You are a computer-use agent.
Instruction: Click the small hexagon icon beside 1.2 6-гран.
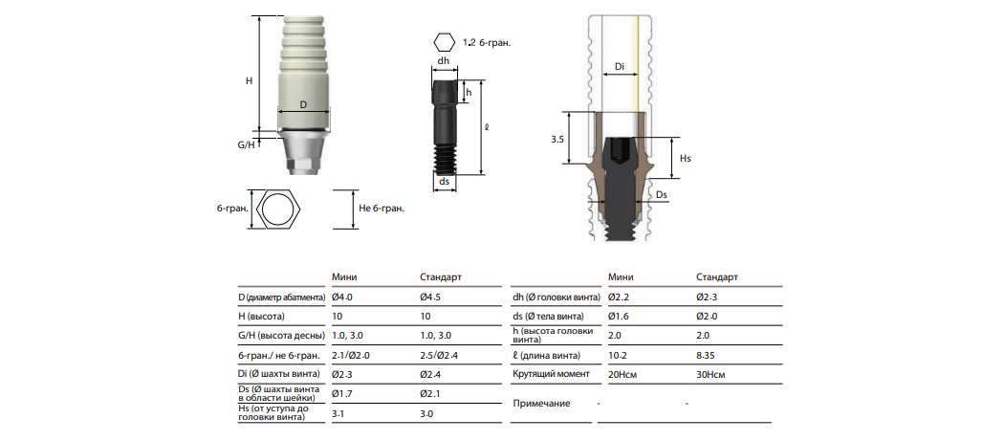coord(443,43)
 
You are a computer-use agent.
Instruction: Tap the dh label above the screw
coord(443,61)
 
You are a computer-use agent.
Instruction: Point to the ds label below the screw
coord(444,182)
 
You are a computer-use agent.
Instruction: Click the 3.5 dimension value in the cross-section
coord(557,139)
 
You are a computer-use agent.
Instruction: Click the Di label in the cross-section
coord(620,67)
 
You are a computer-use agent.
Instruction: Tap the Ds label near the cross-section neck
coord(662,193)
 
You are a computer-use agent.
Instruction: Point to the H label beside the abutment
coord(250,80)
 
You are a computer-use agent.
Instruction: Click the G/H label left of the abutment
coord(246,145)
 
